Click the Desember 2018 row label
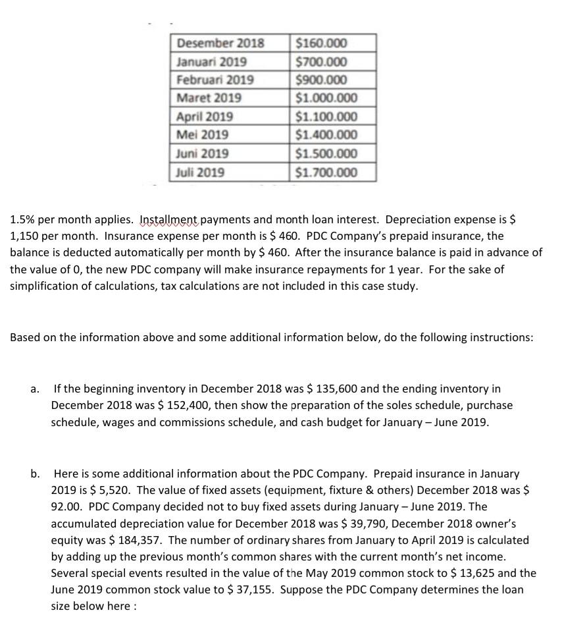click(220, 44)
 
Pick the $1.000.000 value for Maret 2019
click(327, 98)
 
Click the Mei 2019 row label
click(203, 134)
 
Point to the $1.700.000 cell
click(327, 173)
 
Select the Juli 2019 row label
click(201, 173)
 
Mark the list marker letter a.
click(34, 389)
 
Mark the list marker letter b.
click(34, 474)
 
